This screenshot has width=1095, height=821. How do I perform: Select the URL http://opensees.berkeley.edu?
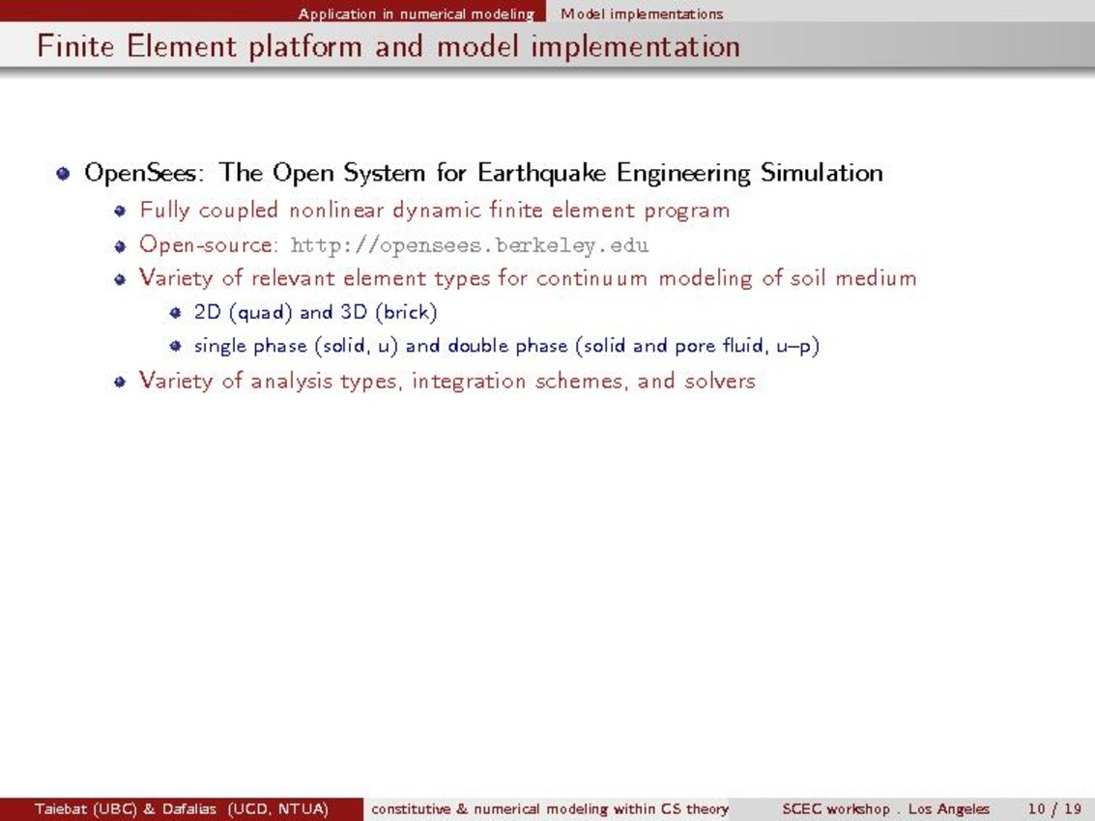[x=470, y=245]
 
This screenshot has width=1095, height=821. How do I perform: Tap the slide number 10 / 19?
[x=1054, y=809]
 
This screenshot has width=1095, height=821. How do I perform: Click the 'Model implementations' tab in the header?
[x=642, y=14]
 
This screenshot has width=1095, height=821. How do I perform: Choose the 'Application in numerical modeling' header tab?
[x=417, y=14]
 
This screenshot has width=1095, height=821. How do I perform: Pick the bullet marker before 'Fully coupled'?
[x=120, y=211]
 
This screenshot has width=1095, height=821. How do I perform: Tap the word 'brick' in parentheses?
[x=406, y=312]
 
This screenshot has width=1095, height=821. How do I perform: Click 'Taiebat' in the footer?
[x=60, y=809]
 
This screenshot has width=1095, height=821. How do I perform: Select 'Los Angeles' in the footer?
[x=948, y=809]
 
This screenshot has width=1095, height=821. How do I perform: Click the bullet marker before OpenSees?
[x=64, y=173]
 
